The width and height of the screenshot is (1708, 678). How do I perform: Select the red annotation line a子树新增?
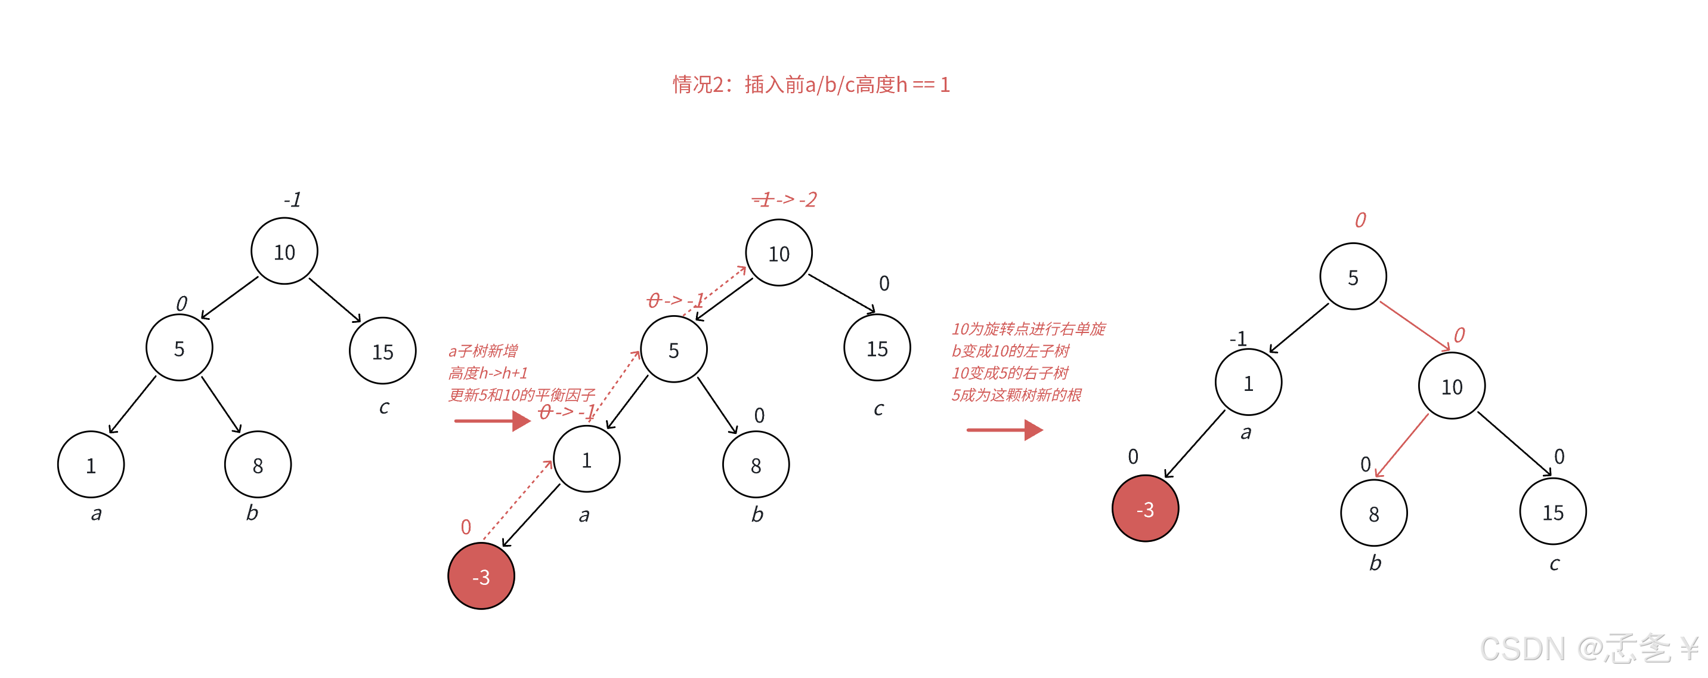482,351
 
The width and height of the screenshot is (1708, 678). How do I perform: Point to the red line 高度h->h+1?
488,373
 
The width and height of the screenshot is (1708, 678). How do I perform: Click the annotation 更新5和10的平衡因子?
522,395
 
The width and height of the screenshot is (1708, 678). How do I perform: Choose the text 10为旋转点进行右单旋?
1028,329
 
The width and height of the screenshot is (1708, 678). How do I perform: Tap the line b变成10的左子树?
1010,351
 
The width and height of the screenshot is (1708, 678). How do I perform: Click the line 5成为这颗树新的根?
1016,395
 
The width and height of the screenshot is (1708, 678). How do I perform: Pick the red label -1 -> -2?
784,199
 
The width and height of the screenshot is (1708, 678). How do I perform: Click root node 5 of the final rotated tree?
1353,277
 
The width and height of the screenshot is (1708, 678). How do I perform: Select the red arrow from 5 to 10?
1414,326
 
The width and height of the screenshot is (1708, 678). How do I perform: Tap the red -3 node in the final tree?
1145,509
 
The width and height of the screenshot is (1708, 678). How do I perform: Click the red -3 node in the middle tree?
481,577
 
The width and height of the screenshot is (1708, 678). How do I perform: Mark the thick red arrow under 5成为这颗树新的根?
1004,430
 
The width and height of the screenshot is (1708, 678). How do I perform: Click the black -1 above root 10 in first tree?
292,199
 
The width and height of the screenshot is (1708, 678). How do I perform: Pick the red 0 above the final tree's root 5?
1360,220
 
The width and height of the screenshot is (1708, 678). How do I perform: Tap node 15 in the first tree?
383,351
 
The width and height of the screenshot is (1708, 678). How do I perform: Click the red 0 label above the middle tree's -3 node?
466,528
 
